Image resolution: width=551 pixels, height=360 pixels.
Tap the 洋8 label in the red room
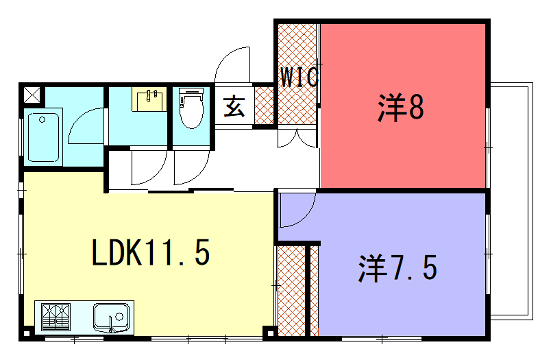pyautogui.click(x=402, y=107)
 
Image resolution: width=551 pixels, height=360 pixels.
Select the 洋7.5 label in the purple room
pyautogui.click(x=398, y=268)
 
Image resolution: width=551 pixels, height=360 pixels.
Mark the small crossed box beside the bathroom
pyautogui.click(x=32, y=96)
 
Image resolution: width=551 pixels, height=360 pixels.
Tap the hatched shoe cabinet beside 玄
pyautogui.click(x=264, y=105)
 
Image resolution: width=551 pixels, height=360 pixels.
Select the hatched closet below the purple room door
pyautogui.click(x=291, y=291)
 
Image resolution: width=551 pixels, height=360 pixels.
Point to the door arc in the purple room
pyautogui.click(x=296, y=210)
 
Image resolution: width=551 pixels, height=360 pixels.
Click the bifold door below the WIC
pyautogui.click(x=296, y=139)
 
